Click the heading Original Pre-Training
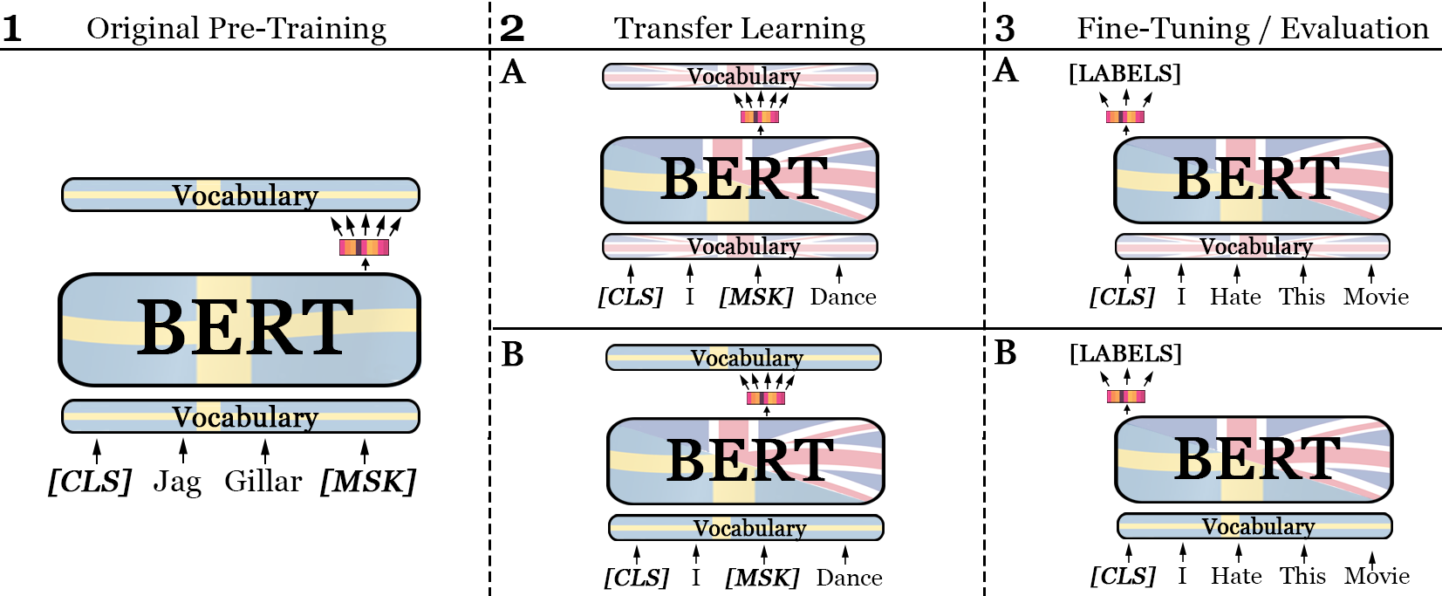(236, 29)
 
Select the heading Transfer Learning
(739, 29)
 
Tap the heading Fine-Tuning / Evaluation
(1252, 29)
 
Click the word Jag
(177, 482)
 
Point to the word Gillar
(263, 481)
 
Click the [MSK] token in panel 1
(367, 482)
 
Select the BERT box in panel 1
(239, 329)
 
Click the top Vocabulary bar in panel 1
(240, 195)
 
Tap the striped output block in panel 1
(364, 247)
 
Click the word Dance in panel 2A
(843, 297)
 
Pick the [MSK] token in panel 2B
(762, 578)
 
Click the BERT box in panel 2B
(746, 461)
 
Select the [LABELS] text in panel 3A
(1124, 73)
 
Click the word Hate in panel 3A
(1235, 297)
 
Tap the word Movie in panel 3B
(1377, 576)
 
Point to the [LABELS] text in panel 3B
(1125, 353)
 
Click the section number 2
(512, 29)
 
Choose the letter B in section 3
(1005, 353)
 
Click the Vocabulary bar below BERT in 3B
(1254, 526)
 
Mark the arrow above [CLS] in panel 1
(97, 450)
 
